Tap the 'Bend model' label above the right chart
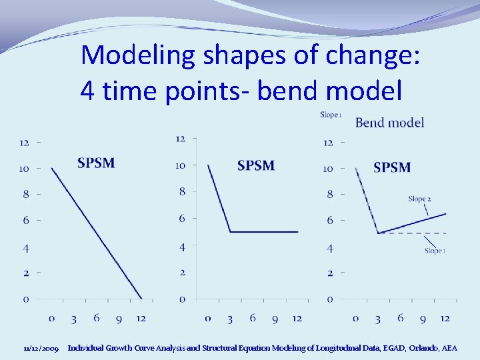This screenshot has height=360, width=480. click(x=389, y=122)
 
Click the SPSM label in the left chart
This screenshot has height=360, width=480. click(x=96, y=163)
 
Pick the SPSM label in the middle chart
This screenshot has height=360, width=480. click(x=255, y=165)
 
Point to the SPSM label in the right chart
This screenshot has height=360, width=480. click(x=392, y=167)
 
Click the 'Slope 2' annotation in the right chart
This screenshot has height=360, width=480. click(x=419, y=199)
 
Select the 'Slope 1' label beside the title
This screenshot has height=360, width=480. click(x=331, y=115)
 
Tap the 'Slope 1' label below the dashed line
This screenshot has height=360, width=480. click(x=435, y=251)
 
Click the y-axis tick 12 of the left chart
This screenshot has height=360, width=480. click(x=24, y=142)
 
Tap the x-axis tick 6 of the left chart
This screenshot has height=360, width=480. click(x=97, y=318)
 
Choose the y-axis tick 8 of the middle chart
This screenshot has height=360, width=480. click(x=181, y=192)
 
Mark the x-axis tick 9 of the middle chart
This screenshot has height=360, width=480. click(x=275, y=319)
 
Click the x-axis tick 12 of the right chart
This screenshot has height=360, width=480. click(x=445, y=318)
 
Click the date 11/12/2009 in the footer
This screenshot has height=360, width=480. click(x=41, y=349)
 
